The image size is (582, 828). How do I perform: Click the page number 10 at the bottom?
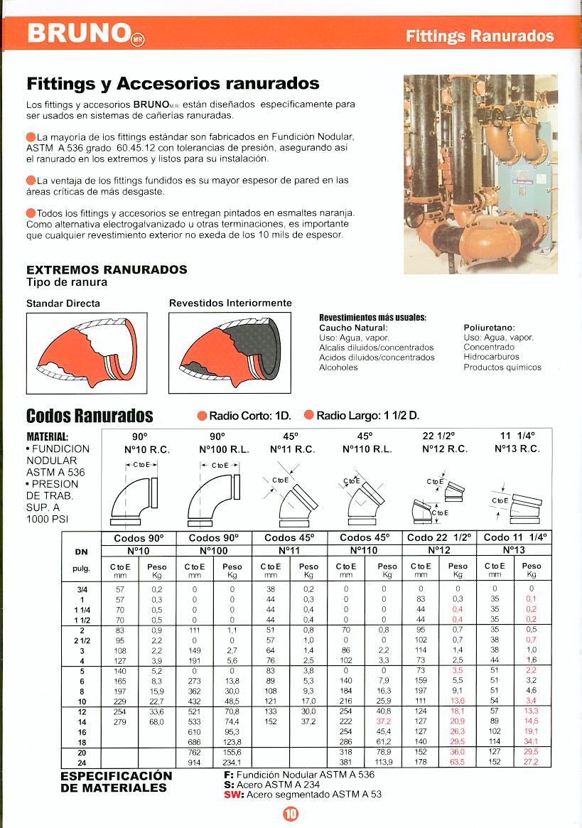[x=291, y=814]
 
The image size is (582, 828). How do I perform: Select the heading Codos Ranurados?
[x=90, y=415]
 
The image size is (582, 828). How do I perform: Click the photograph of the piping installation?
[x=480, y=174]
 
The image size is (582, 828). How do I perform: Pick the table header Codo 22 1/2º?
[x=440, y=538]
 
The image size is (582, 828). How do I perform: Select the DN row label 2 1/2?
[x=81, y=640]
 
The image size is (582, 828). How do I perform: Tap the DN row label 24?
[x=81, y=762]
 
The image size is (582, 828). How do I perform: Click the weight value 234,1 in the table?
[x=232, y=762]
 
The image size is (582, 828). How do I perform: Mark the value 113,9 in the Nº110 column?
[x=384, y=762]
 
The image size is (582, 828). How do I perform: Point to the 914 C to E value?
[x=194, y=762]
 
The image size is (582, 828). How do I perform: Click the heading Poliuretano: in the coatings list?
[x=489, y=328]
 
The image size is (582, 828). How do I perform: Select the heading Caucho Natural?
[x=353, y=328]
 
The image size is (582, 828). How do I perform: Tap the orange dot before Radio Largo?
[x=308, y=416]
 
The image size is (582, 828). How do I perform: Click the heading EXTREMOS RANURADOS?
[x=107, y=270]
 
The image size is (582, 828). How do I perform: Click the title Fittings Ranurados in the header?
[x=480, y=36]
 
